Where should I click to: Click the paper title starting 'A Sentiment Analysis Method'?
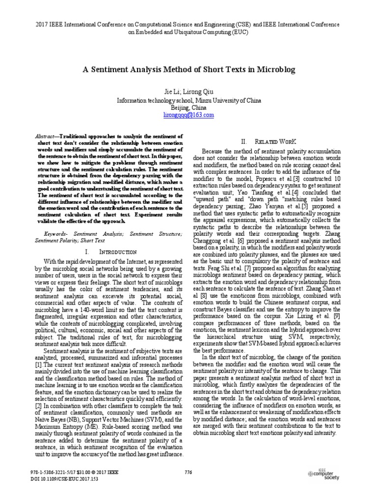point(188,70)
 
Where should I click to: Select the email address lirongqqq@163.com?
point(188,114)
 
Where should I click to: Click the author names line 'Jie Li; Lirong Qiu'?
point(188,92)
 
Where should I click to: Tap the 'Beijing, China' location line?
point(188,107)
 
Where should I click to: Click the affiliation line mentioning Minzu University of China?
point(188,100)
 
